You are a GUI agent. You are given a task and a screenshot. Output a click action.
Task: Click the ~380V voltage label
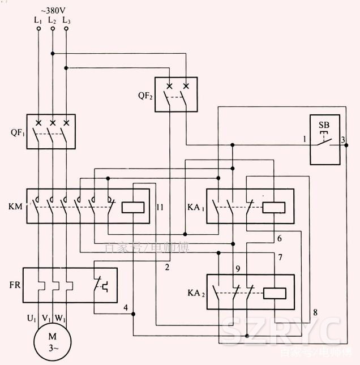(x=52, y=10)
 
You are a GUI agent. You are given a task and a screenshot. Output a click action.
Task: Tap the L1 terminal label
(x=38, y=20)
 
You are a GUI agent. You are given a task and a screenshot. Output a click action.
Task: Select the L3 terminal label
(x=66, y=20)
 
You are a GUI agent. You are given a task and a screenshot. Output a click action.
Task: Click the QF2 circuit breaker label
(x=145, y=96)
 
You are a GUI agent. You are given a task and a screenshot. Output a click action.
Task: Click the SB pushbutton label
(x=324, y=124)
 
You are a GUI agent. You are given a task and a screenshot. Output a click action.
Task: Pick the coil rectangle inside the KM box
(x=134, y=207)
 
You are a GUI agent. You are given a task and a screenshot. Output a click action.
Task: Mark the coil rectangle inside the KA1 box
(x=273, y=207)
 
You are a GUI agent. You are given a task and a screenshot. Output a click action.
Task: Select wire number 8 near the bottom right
(x=315, y=312)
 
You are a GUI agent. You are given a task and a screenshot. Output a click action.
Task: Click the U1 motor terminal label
(x=32, y=319)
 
